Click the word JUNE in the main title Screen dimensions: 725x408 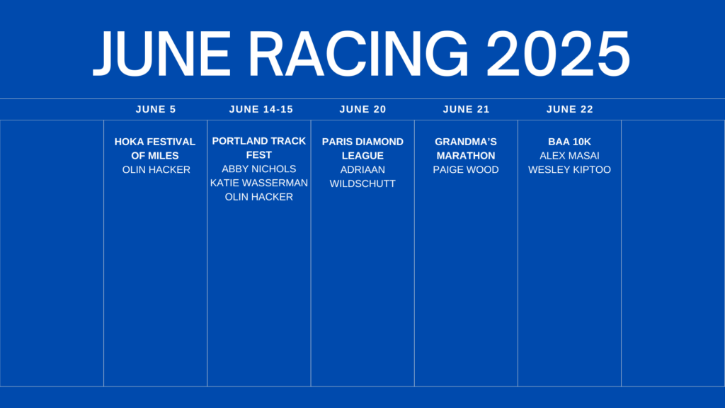[162, 54]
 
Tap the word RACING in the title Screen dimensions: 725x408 [359, 54]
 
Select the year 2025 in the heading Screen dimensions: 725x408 [558, 54]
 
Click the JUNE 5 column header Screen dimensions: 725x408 [156, 109]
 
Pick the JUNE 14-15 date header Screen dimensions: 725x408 [261, 109]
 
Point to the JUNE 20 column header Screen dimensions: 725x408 [363, 109]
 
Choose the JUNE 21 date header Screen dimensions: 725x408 [466, 109]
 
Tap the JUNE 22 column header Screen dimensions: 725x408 [570, 109]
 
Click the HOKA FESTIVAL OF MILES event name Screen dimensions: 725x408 [155, 149]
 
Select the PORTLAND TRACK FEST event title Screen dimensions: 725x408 [259, 147]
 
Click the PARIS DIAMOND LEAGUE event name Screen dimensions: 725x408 [362, 149]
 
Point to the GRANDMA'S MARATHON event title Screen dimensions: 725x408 [466, 149]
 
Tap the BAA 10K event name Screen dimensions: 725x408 [570, 142]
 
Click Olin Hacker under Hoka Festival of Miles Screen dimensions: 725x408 [156, 170]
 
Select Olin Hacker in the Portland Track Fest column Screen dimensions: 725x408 [259, 197]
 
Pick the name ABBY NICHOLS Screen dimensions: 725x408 [259, 169]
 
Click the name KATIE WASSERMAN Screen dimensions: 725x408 [259, 183]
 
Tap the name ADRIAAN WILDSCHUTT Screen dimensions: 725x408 [362, 176]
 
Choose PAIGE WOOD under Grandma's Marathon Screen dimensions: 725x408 [466, 170]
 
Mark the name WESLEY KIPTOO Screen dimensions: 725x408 [570, 170]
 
